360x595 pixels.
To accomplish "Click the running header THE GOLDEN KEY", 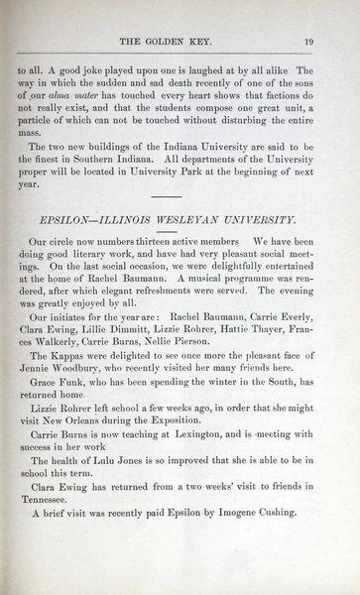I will click(x=182, y=41).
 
